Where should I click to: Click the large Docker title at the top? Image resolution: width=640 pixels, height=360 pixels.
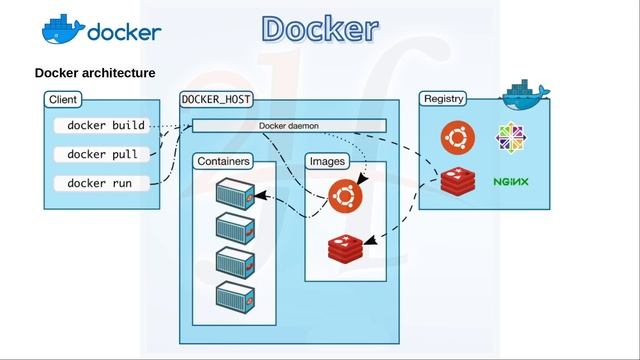(x=320, y=29)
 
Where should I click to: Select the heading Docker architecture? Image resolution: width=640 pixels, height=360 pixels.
(x=95, y=73)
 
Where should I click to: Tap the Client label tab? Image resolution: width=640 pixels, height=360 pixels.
(x=63, y=99)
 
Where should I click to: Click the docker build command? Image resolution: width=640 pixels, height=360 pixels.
(x=106, y=126)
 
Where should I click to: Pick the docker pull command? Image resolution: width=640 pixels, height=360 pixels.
(x=102, y=154)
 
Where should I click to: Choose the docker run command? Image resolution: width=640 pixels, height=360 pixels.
(x=100, y=183)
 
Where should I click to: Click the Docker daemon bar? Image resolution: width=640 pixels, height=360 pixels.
(x=288, y=125)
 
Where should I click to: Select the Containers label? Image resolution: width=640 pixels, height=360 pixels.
(x=223, y=161)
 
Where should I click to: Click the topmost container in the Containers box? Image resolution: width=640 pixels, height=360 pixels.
(x=236, y=192)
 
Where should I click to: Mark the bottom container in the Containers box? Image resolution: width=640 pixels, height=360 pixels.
(x=236, y=297)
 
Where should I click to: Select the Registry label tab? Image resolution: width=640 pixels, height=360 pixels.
(x=444, y=99)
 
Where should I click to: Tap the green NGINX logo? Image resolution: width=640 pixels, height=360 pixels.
(x=511, y=183)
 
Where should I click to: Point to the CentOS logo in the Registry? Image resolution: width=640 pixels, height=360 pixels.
(x=511, y=137)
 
